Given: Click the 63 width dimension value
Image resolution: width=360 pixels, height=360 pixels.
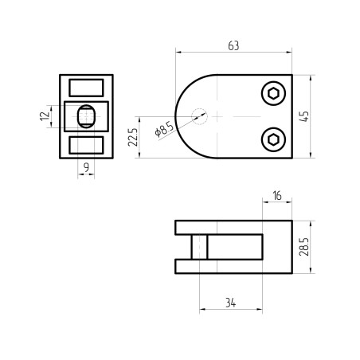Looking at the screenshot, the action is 233,45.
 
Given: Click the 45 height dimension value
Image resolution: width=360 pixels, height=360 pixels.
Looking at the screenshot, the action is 304,116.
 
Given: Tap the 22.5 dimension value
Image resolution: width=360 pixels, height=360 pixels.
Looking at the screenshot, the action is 133,137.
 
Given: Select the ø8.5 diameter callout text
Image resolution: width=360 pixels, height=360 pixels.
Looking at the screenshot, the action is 164,129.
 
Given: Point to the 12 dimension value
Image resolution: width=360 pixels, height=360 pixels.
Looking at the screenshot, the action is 45,116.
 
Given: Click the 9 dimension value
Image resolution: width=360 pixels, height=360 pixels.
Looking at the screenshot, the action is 86,167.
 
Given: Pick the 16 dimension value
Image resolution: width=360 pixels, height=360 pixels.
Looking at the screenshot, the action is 277,196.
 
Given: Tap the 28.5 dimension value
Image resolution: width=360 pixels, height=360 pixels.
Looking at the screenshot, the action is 304,247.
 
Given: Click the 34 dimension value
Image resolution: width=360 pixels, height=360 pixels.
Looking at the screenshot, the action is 230,303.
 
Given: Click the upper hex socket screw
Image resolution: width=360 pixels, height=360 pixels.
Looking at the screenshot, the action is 273,93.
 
